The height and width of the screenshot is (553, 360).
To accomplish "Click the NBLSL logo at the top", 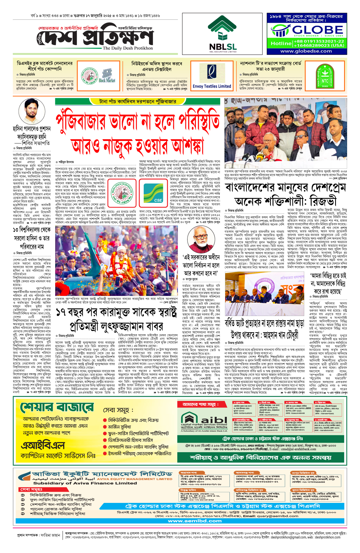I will tap(223, 34).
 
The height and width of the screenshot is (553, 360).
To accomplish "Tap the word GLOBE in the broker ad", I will tap(317, 30).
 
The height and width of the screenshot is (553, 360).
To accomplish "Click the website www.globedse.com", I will tap(306, 51).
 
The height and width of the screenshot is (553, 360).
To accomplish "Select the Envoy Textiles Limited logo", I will tap(212, 76).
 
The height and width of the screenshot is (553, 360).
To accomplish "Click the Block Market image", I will tap(107, 77).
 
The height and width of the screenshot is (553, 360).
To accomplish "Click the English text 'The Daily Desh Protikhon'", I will tap(128, 48).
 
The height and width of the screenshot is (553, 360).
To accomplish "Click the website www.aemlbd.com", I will tap(195, 521).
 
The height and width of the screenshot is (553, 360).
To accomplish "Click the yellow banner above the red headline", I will tap(138, 102).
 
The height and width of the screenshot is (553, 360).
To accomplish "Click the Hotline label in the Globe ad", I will tap(281, 44).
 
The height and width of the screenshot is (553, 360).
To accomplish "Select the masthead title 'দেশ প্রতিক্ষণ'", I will tap(96, 38).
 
